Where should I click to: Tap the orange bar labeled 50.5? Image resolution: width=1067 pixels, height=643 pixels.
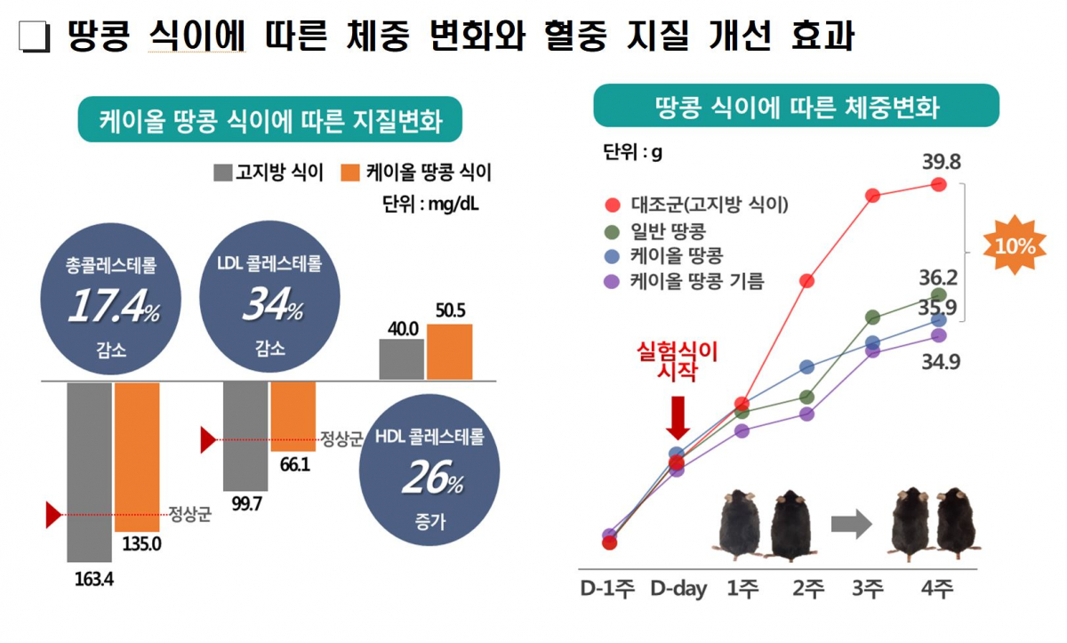pyautogui.click(x=449, y=351)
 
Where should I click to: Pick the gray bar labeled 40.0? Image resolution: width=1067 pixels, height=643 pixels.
pyautogui.click(x=402, y=358)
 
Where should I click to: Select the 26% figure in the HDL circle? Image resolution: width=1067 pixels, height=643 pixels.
pyautogui.click(x=432, y=480)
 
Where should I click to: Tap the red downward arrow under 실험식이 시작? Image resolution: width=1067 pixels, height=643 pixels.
pyautogui.click(x=678, y=417)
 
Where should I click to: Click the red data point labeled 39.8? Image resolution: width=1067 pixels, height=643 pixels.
pyautogui.click(x=939, y=184)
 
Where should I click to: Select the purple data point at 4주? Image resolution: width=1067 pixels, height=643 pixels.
pyautogui.click(x=939, y=335)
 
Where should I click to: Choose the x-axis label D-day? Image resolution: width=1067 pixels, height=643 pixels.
pyautogui.click(x=678, y=589)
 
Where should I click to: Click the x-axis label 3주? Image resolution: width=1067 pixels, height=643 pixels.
pyautogui.click(x=867, y=589)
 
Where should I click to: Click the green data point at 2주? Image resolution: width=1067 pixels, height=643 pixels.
pyautogui.click(x=807, y=397)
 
